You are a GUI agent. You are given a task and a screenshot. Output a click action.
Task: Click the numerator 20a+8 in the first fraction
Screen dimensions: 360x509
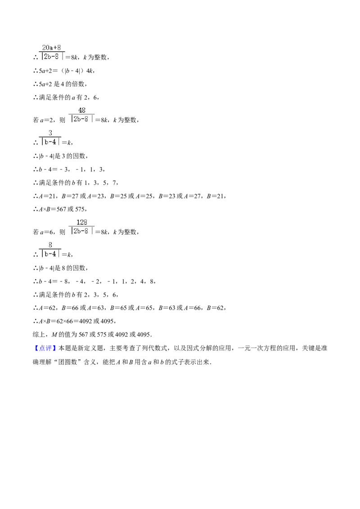tap(51, 48)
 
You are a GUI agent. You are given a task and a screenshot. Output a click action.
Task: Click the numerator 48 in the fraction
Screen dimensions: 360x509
tap(81, 110)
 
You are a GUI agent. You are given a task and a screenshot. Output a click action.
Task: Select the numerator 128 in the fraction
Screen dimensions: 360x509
tap(81, 223)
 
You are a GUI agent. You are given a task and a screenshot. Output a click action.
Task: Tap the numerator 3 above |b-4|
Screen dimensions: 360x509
tap(50, 133)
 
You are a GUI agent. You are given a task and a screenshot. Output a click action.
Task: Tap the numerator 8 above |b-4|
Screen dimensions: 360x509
tap(50, 245)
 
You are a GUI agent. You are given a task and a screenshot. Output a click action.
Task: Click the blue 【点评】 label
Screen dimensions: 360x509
tap(45, 348)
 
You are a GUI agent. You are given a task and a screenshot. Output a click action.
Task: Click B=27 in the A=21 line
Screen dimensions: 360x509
tap(70, 196)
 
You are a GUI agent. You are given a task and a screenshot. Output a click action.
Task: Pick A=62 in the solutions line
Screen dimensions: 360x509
tap(48, 308)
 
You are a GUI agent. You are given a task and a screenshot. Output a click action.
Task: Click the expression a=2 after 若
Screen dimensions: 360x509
tap(46, 120)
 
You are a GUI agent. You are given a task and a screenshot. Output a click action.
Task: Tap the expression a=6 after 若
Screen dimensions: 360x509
tap(46, 232)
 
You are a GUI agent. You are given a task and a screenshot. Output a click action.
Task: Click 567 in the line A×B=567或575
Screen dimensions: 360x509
tap(61, 210)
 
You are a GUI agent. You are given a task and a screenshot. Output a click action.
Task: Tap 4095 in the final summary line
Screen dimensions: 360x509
tap(143, 335)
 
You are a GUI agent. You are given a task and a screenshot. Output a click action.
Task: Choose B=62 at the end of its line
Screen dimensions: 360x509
tap(216, 308)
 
